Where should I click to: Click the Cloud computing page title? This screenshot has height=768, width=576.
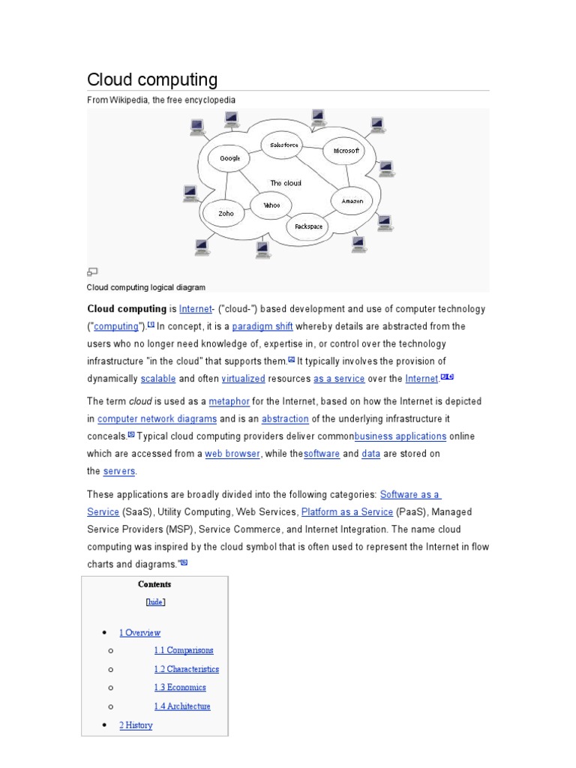click(152, 79)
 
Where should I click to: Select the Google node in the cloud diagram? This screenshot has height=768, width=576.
click(229, 158)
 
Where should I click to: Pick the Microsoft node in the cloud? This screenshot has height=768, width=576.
click(346, 151)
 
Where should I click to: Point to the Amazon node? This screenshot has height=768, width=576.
click(352, 201)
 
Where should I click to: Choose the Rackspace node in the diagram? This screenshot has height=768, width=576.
click(307, 225)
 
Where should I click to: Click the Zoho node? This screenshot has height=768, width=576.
click(226, 213)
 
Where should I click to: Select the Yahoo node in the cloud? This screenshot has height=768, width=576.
click(271, 205)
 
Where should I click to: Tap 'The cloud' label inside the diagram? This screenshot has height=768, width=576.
click(285, 183)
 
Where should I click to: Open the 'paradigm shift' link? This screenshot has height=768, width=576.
click(262, 326)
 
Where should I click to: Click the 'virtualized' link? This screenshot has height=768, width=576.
click(244, 379)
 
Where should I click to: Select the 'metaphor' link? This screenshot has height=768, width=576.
click(229, 401)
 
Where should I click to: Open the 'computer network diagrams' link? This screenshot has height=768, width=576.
click(157, 418)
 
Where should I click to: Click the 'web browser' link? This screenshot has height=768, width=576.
click(232, 454)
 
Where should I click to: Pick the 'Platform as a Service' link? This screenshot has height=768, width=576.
click(346, 511)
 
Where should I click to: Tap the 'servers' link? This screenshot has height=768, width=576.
click(120, 471)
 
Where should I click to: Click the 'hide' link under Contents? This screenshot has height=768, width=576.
click(154, 601)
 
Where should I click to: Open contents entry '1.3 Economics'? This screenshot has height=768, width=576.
click(180, 687)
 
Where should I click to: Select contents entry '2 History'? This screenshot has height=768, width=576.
click(136, 725)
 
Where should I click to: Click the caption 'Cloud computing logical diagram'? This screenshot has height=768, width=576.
click(146, 287)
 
